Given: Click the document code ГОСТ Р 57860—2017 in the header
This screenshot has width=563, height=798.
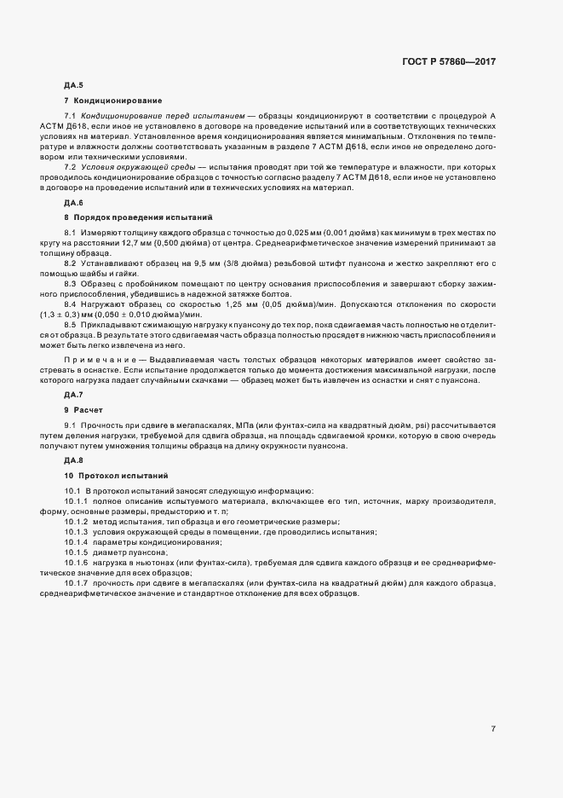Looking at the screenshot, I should (450, 61).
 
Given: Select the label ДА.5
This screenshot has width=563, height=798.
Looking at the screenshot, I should (73, 86).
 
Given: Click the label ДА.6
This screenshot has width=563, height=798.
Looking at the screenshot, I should (73, 202).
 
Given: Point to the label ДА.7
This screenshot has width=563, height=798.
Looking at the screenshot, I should (73, 395).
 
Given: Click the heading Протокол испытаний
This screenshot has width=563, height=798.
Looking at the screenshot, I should (124, 475).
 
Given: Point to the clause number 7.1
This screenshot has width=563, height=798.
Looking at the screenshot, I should (71, 115).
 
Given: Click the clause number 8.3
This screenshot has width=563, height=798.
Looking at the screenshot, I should (71, 282).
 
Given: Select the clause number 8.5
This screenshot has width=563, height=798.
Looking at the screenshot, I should (71, 324).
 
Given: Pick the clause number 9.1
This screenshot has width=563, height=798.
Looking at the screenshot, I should (71, 425).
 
